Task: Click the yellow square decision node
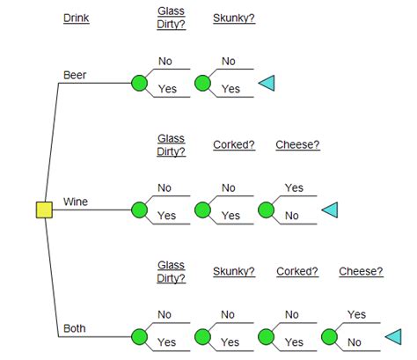[43, 209]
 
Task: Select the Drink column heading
[77, 18]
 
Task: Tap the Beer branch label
[75, 75]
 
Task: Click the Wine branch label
[76, 202]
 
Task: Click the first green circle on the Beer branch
[138, 84]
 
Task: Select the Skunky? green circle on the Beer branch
[202, 84]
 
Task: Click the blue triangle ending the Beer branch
[267, 84]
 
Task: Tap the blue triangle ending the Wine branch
[330, 209]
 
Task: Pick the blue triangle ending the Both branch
[393, 336]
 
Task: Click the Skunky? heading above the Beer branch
[234, 18]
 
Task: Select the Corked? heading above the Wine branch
[234, 144]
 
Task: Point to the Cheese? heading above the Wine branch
[297, 144]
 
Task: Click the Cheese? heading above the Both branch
[361, 271]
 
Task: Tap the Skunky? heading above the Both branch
[234, 271]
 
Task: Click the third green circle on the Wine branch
[266, 209]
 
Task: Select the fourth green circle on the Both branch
[329, 336]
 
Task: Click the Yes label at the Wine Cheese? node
[294, 188]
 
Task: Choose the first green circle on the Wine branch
[138, 209]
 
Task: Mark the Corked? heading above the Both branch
[297, 271]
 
